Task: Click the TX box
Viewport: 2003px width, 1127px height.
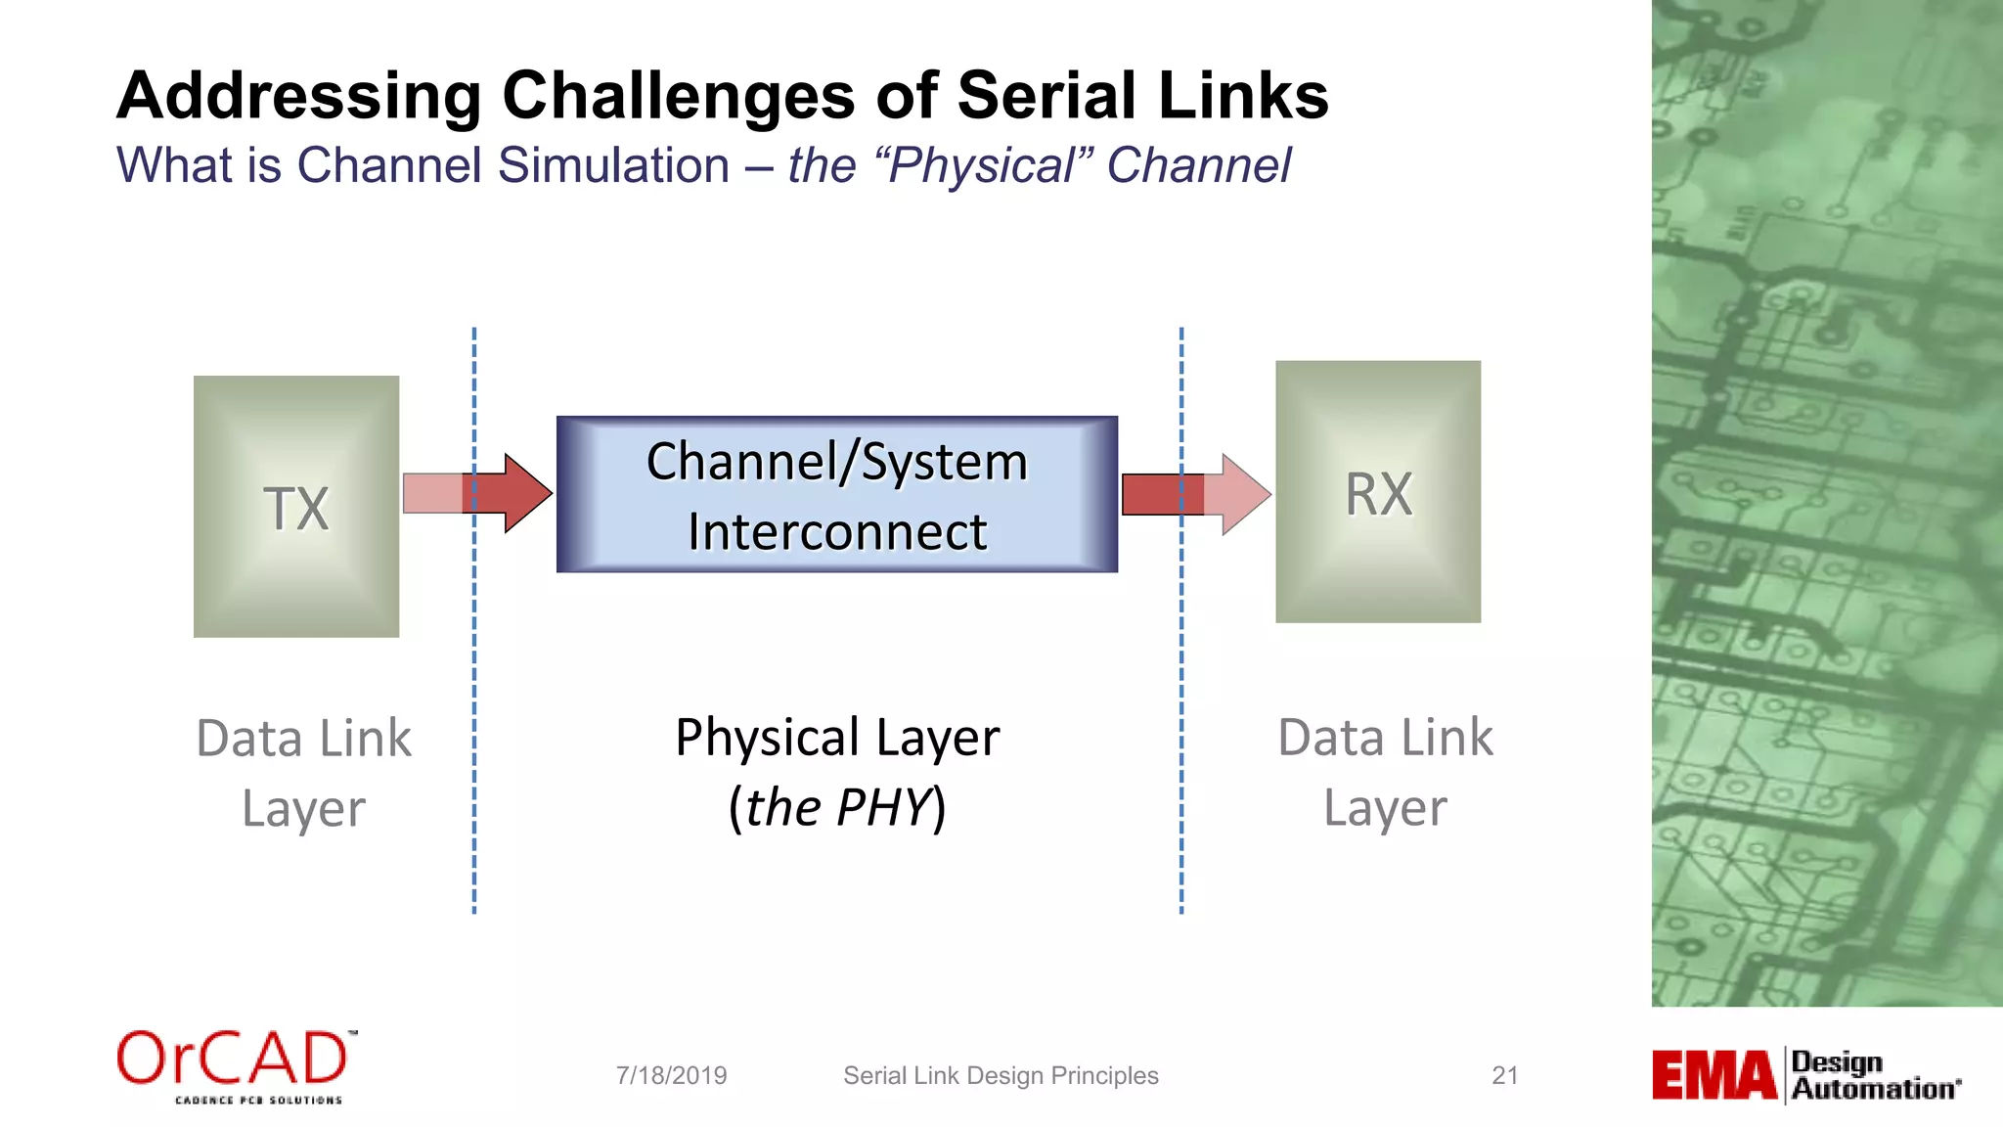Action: (296, 507)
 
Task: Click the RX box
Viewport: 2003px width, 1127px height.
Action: (1378, 492)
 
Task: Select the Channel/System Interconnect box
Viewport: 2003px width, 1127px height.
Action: (837, 495)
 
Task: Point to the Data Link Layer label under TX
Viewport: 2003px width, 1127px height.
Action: (303, 773)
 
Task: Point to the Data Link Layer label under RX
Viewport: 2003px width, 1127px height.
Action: (1385, 772)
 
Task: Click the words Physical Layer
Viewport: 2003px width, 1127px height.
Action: (837, 738)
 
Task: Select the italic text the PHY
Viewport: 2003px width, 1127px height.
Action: (837, 808)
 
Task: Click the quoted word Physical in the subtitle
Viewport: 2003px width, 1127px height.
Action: (983, 165)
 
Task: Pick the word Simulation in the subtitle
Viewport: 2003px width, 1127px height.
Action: (612, 165)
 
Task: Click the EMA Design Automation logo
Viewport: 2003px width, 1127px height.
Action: (1805, 1075)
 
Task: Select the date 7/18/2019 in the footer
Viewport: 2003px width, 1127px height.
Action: (671, 1075)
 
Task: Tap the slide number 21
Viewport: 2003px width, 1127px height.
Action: (1504, 1075)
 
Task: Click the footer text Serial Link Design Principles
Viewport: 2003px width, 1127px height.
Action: (1001, 1075)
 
